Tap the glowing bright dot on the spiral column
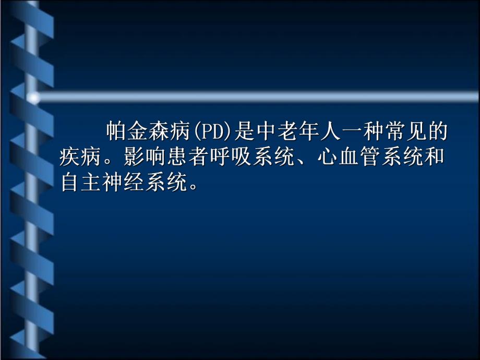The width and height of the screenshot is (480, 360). coord(33,98)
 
